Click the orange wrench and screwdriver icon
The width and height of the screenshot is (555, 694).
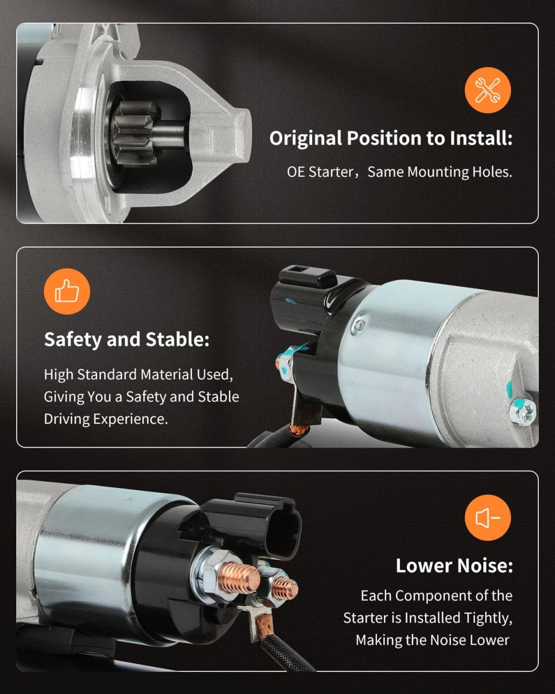click(487, 90)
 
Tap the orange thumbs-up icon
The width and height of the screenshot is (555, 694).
click(67, 291)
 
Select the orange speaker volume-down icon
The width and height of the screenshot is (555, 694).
click(487, 518)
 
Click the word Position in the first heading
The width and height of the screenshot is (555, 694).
click(384, 138)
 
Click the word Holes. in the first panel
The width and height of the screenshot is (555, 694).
click(492, 172)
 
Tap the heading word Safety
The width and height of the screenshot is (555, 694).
click(73, 340)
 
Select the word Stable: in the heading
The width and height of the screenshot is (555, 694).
click(177, 339)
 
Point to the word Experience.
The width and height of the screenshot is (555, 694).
click(131, 419)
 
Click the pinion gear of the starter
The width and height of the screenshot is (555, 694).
click(134, 133)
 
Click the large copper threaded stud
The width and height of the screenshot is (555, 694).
click(242, 578)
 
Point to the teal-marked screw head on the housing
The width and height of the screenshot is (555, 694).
click(523, 412)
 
